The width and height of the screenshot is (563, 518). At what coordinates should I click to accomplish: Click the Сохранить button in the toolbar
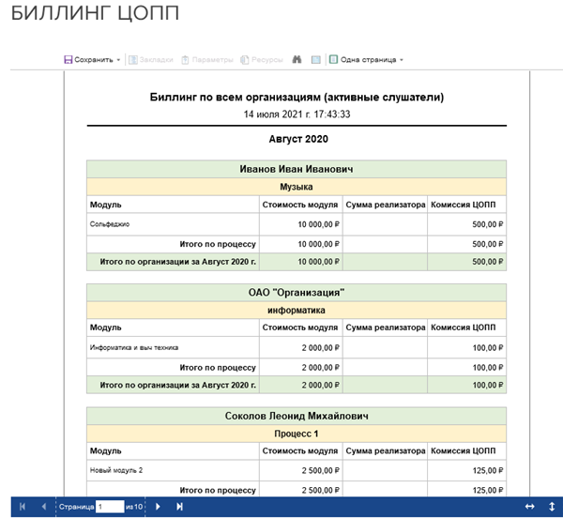(x=92, y=59)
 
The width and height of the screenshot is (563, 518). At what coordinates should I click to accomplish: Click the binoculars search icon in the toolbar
(x=297, y=59)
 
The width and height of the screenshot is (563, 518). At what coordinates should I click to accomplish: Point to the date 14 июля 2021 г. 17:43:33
(x=297, y=114)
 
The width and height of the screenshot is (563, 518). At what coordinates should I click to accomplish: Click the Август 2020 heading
(x=297, y=139)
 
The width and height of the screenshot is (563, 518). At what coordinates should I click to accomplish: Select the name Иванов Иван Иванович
(x=297, y=169)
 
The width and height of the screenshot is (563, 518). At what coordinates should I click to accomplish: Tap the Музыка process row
(x=297, y=187)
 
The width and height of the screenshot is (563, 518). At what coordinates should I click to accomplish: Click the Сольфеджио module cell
(x=110, y=224)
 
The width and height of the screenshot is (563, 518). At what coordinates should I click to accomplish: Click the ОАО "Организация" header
(x=297, y=293)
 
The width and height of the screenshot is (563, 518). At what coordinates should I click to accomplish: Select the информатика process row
(x=297, y=310)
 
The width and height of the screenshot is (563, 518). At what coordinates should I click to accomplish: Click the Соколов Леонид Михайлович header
(x=297, y=416)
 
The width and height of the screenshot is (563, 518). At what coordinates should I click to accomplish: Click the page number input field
(x=110, y=507)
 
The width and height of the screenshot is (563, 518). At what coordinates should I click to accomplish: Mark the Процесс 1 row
(x=297, y=434)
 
